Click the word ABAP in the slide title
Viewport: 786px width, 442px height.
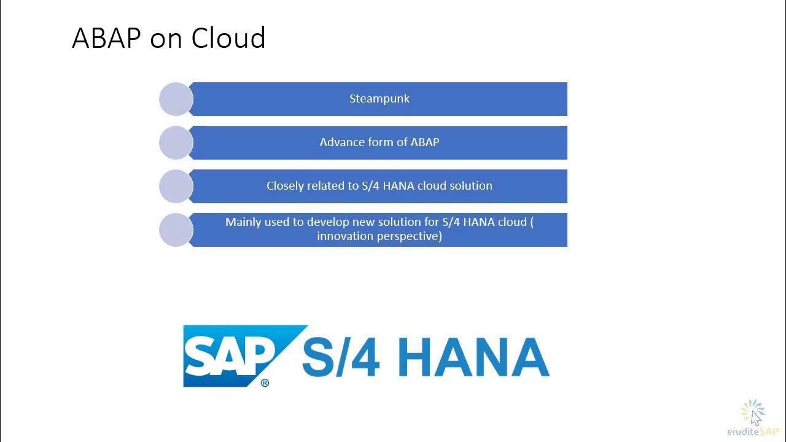coord(107,38)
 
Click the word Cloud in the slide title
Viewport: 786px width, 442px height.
coord(228,38)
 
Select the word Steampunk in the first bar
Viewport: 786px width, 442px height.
coord(379,99)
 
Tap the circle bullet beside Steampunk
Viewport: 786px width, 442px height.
coord(176,99)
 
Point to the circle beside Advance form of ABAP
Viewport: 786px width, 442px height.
coord(176,142)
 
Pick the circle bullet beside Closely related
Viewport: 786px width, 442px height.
coord(176,186)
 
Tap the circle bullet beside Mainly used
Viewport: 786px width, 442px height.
coord(176,230)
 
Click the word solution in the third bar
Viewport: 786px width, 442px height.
coord(470,186)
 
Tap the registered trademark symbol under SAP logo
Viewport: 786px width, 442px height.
coord(265,383)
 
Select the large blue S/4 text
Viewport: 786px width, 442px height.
coord(341,357)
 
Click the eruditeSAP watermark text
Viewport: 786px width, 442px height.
coord(752,432)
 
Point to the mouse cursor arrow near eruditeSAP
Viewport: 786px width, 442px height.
coord(755,417)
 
